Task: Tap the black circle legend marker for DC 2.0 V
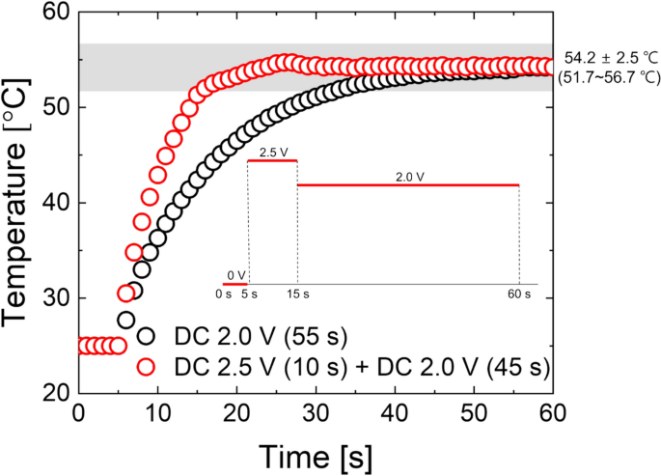click(148, 336)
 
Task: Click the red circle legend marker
click(148, 366)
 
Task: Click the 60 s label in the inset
click(520, 293)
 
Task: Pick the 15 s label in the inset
click(298, 293)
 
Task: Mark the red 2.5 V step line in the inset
click(273, 161)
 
